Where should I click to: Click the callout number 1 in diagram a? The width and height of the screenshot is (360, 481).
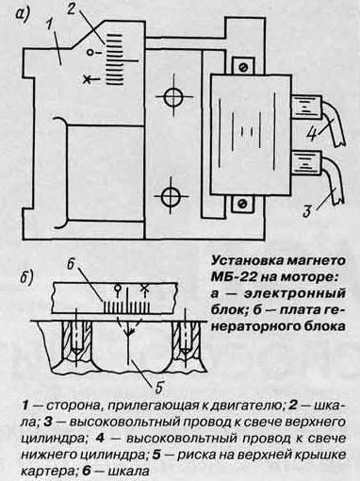click(x=50, y=25)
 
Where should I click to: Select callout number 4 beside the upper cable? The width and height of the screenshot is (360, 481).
click(x=311, y=134)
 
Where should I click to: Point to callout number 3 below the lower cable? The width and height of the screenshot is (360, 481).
click(x=307, y=210)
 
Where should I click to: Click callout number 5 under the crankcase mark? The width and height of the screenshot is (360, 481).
click(x=159, y=387)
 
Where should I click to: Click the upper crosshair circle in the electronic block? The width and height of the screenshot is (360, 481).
click(x=173, y=96)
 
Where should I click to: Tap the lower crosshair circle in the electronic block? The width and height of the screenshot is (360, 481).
click(x=171, y=196)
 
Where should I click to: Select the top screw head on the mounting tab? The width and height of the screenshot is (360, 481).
click(x=243, y=67)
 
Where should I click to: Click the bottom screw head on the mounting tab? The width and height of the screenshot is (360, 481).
click(x=242, y=204)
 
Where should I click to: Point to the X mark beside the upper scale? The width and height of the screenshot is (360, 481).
click(x=87, y=79)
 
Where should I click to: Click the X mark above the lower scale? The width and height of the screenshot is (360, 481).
click(x=144, y=288)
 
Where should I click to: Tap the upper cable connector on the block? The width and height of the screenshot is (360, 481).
click(x=307, y=108)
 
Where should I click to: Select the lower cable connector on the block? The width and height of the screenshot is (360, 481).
click(x=307, y=163)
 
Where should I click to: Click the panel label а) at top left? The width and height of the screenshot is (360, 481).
click(x=23, y=14)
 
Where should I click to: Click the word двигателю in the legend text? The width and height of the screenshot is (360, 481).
click(x=247, y=405)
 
